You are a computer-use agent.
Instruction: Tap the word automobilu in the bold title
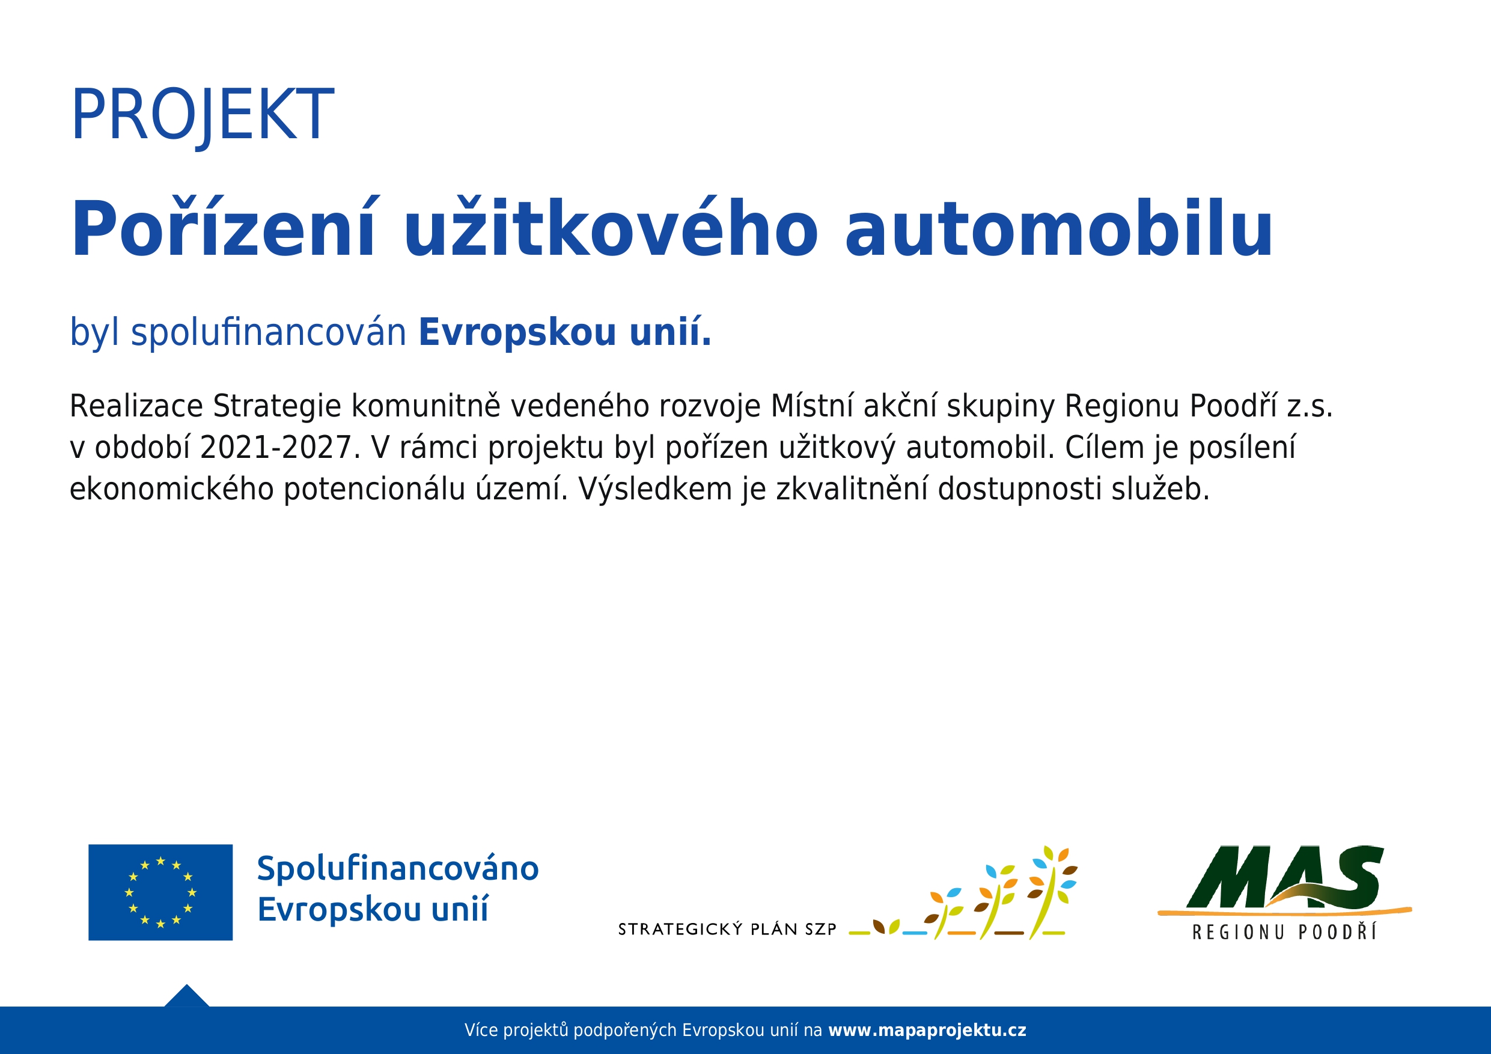(x=1059, y=228)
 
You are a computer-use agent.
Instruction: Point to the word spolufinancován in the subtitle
(x=269, y=332)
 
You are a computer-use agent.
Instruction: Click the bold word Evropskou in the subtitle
(x=517, y=332)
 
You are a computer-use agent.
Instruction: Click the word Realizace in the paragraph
(x=136, y=406)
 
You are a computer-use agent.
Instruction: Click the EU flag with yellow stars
(x=160, y=892)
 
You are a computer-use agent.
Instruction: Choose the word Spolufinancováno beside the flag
(x=398, y=870)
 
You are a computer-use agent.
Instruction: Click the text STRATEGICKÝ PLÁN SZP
(x=727, y=930)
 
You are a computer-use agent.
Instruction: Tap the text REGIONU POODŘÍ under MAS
(x=1284, y=933)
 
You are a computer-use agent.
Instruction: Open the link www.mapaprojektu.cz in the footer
(x=927, y=1031)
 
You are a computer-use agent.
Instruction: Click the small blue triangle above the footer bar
(x=187, y=997)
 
